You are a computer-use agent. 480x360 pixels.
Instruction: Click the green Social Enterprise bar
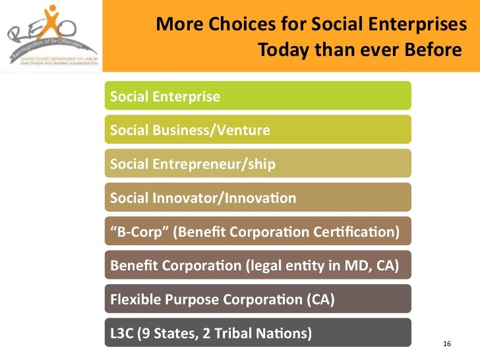257,96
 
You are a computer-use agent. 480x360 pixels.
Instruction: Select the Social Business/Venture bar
257,129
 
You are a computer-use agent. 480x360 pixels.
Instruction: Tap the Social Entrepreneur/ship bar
257,163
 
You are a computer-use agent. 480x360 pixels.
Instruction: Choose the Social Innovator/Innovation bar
257,197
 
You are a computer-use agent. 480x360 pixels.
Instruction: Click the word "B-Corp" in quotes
135,231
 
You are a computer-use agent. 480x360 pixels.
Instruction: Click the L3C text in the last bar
122,333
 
